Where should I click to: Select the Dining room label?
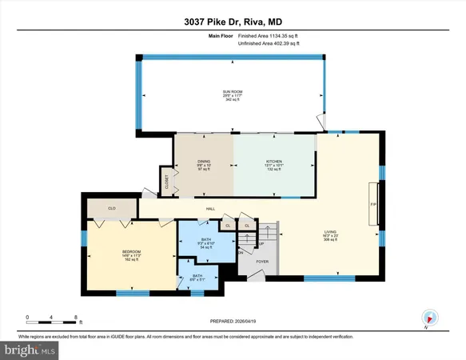coord(204,166)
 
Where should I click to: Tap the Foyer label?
coord(261,260)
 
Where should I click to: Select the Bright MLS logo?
coord(30,350)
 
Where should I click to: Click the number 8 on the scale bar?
coord(74,318)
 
